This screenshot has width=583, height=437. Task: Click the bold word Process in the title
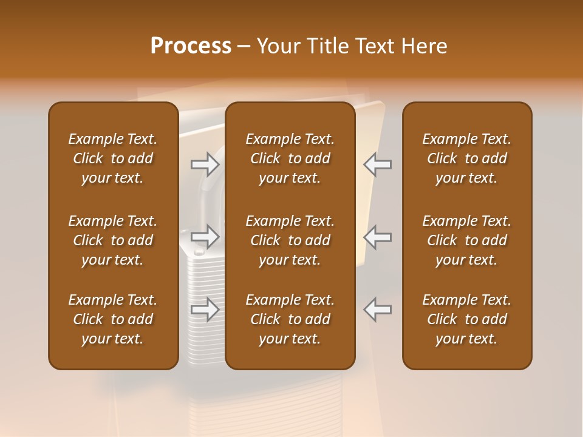click(191, 46)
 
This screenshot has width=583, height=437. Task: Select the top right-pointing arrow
click(205, 164)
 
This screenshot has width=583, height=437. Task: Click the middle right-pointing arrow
click(205, 237)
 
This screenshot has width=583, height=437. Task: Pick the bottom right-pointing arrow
click(205, 309)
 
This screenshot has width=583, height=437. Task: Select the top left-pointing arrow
click(378, 164)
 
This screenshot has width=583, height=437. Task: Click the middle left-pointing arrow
click(378, 237)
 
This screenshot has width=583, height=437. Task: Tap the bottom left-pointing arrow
click(378, 309)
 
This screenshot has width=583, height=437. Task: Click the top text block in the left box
click(113, 158)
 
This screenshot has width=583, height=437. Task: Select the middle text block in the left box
click(113, 240)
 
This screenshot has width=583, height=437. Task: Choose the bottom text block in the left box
click(113, 319)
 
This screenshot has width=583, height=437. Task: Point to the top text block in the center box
click(290, 158)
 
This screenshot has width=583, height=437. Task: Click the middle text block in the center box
click(290, 240)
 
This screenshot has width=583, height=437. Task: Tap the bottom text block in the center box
click(290, 319)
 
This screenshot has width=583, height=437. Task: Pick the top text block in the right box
click(466, 158)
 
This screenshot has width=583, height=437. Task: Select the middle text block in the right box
click(466, 240)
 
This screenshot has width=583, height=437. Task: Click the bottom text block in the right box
click(466, 319)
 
